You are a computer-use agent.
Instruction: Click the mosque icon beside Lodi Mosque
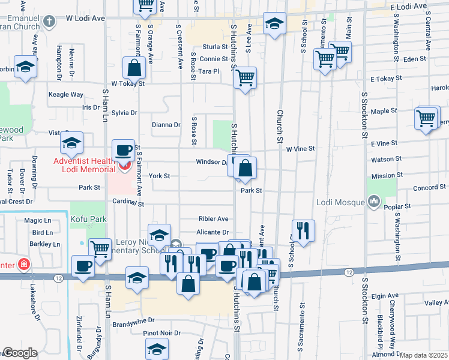point(374,200)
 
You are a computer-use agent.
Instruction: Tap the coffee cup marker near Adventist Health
point(124,150)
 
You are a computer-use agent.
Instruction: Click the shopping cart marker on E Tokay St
point(245,77)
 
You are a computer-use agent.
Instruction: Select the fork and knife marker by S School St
point(303,230)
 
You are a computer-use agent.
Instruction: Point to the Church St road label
point(280,126)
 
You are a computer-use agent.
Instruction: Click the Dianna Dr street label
point(166,125)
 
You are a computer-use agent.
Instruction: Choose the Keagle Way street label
point(66,95)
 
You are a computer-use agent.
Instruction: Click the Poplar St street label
point(399,206)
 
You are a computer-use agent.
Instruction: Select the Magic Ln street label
point(37,221)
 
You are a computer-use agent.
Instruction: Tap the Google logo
point(20,353)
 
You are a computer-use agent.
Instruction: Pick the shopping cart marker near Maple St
point(426,118)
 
